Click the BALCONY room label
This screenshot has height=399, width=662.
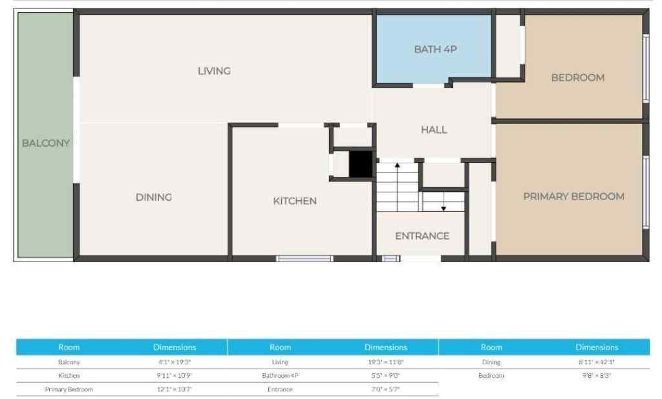pos(45,143)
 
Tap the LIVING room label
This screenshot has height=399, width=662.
pos(214,71)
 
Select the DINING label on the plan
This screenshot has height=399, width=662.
pos(154,198)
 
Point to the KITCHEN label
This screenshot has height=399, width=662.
pos(295,201)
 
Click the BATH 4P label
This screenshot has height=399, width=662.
pos(436,49)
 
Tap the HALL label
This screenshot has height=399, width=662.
pos(434,130)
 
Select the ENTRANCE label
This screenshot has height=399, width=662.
pos(422,236)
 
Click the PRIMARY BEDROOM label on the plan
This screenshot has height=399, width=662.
pos(573,196)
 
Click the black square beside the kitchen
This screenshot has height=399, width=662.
pos(361,164)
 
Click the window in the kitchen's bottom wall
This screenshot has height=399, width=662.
pos(304,259)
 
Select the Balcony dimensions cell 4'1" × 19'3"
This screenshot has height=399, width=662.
pos(175,362)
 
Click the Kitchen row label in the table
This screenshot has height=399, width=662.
pos(69,375)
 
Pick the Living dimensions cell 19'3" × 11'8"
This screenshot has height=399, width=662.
pos(385,362)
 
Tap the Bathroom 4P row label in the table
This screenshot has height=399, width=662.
pos(280,375)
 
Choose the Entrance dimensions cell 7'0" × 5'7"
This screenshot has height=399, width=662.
pos(385,389)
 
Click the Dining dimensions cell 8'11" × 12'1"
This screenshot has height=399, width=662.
pos(596,362)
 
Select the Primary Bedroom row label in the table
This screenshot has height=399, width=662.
pos(69,389)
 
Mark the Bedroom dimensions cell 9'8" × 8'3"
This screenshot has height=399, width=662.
pos(596,375)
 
